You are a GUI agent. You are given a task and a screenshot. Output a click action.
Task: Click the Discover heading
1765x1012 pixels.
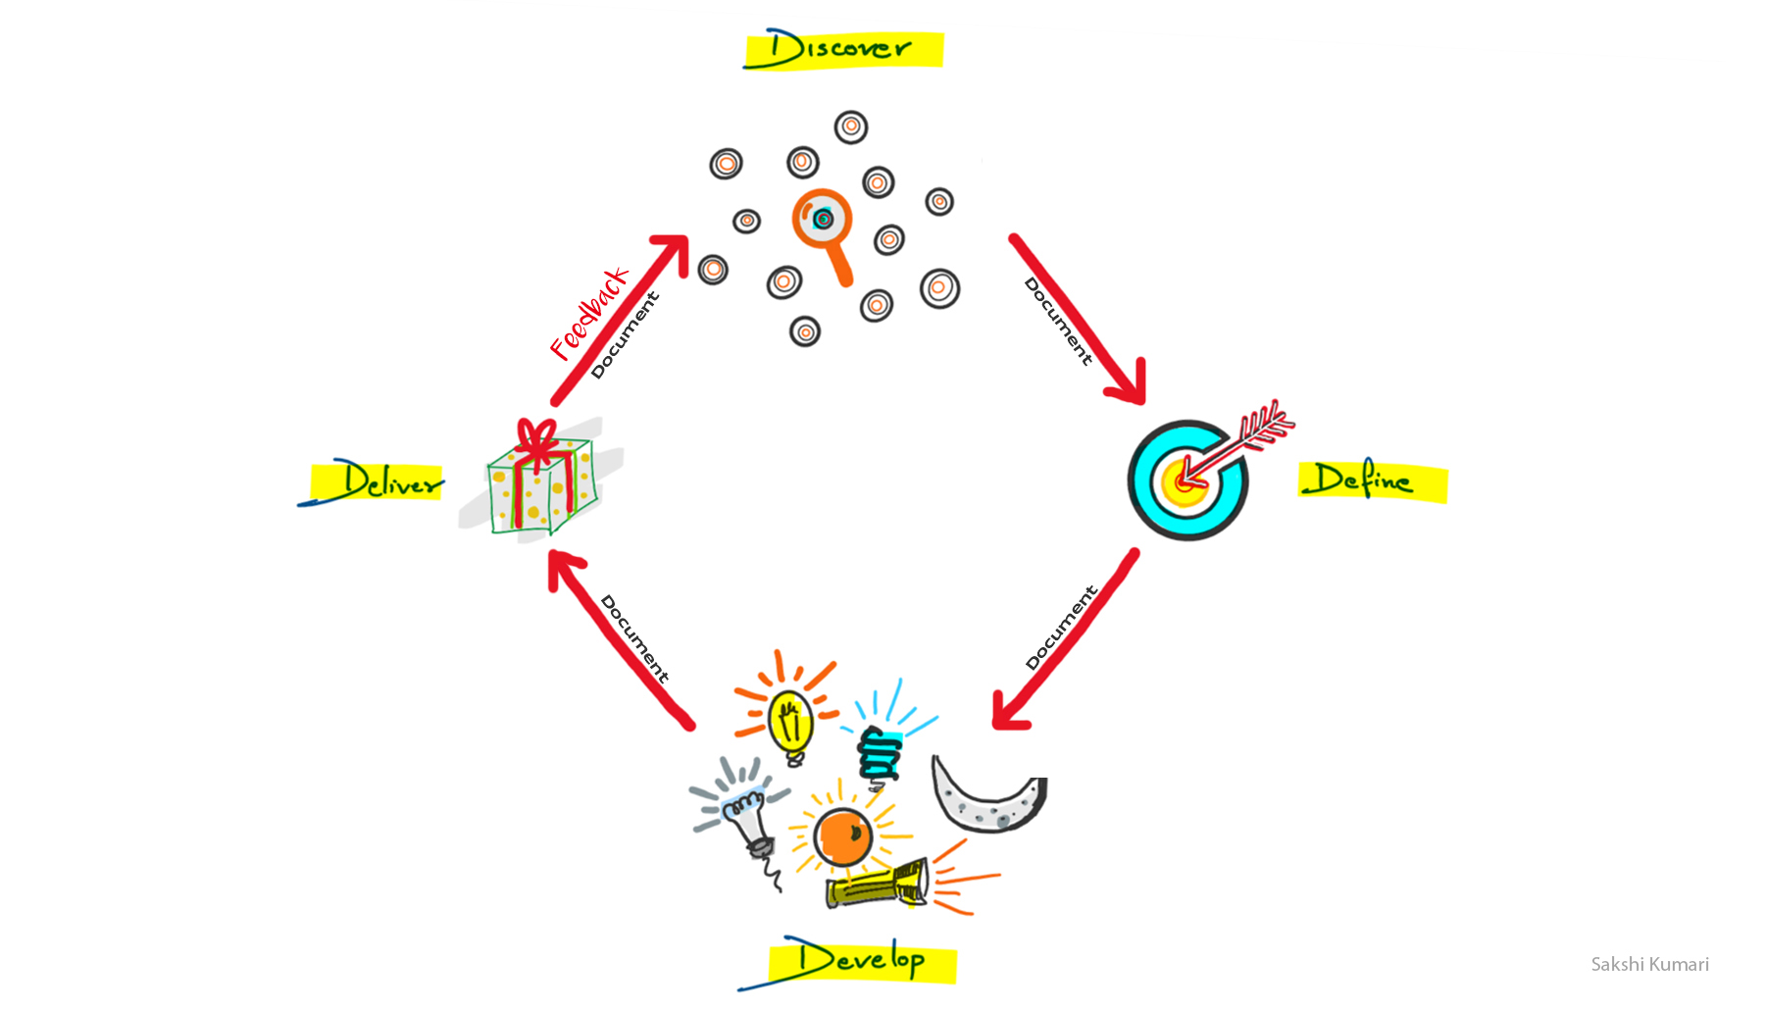(841, 49)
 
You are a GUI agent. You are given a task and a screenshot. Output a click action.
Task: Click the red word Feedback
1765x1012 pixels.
(588, 313)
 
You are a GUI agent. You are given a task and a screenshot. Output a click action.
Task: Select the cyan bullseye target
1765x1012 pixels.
(1186, 481)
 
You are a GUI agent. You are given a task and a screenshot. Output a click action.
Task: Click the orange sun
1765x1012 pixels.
(842, 836)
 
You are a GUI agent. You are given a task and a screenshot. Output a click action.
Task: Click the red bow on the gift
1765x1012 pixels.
(536, 438)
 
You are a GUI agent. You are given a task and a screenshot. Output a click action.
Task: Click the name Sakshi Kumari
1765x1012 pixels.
(1649, 964)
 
